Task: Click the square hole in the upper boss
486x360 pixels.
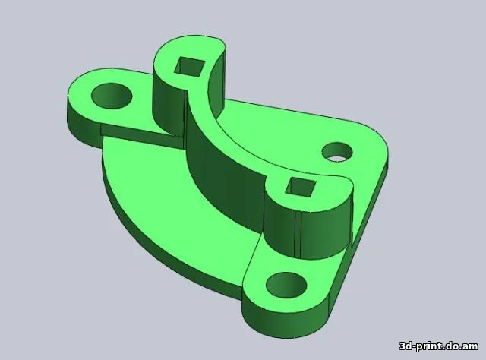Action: (x=190, y=67)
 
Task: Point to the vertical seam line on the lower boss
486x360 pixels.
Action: (x=302, y=232)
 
